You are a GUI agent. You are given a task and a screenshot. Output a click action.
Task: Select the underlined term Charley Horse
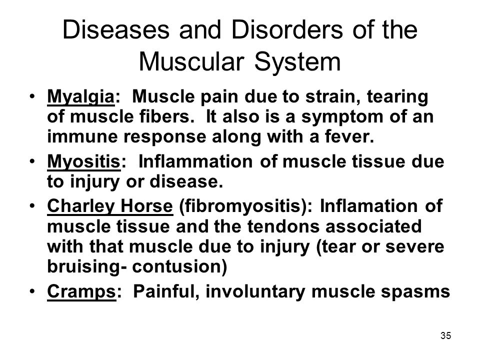tap(109, 209)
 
